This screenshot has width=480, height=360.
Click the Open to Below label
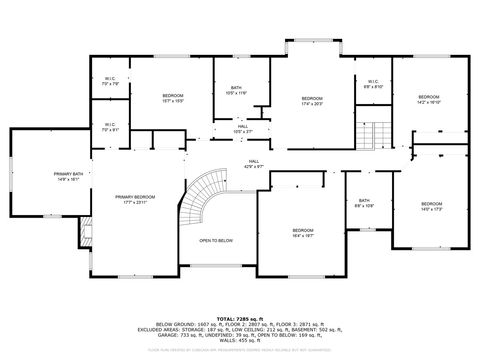tap(215, 240)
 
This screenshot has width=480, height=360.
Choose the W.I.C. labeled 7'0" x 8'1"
tap(109, 128)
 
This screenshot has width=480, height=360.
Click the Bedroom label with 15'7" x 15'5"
tap(173, 98)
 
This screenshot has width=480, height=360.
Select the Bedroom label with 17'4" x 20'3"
tap(312, 100)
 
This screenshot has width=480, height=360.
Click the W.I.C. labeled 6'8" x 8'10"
tap(371, 85)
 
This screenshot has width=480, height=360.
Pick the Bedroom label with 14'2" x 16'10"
tap(429, 98)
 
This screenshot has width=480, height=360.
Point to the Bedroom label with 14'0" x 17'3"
tap(431, 206)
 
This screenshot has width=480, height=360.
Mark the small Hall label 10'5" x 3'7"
tap(242, 129)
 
